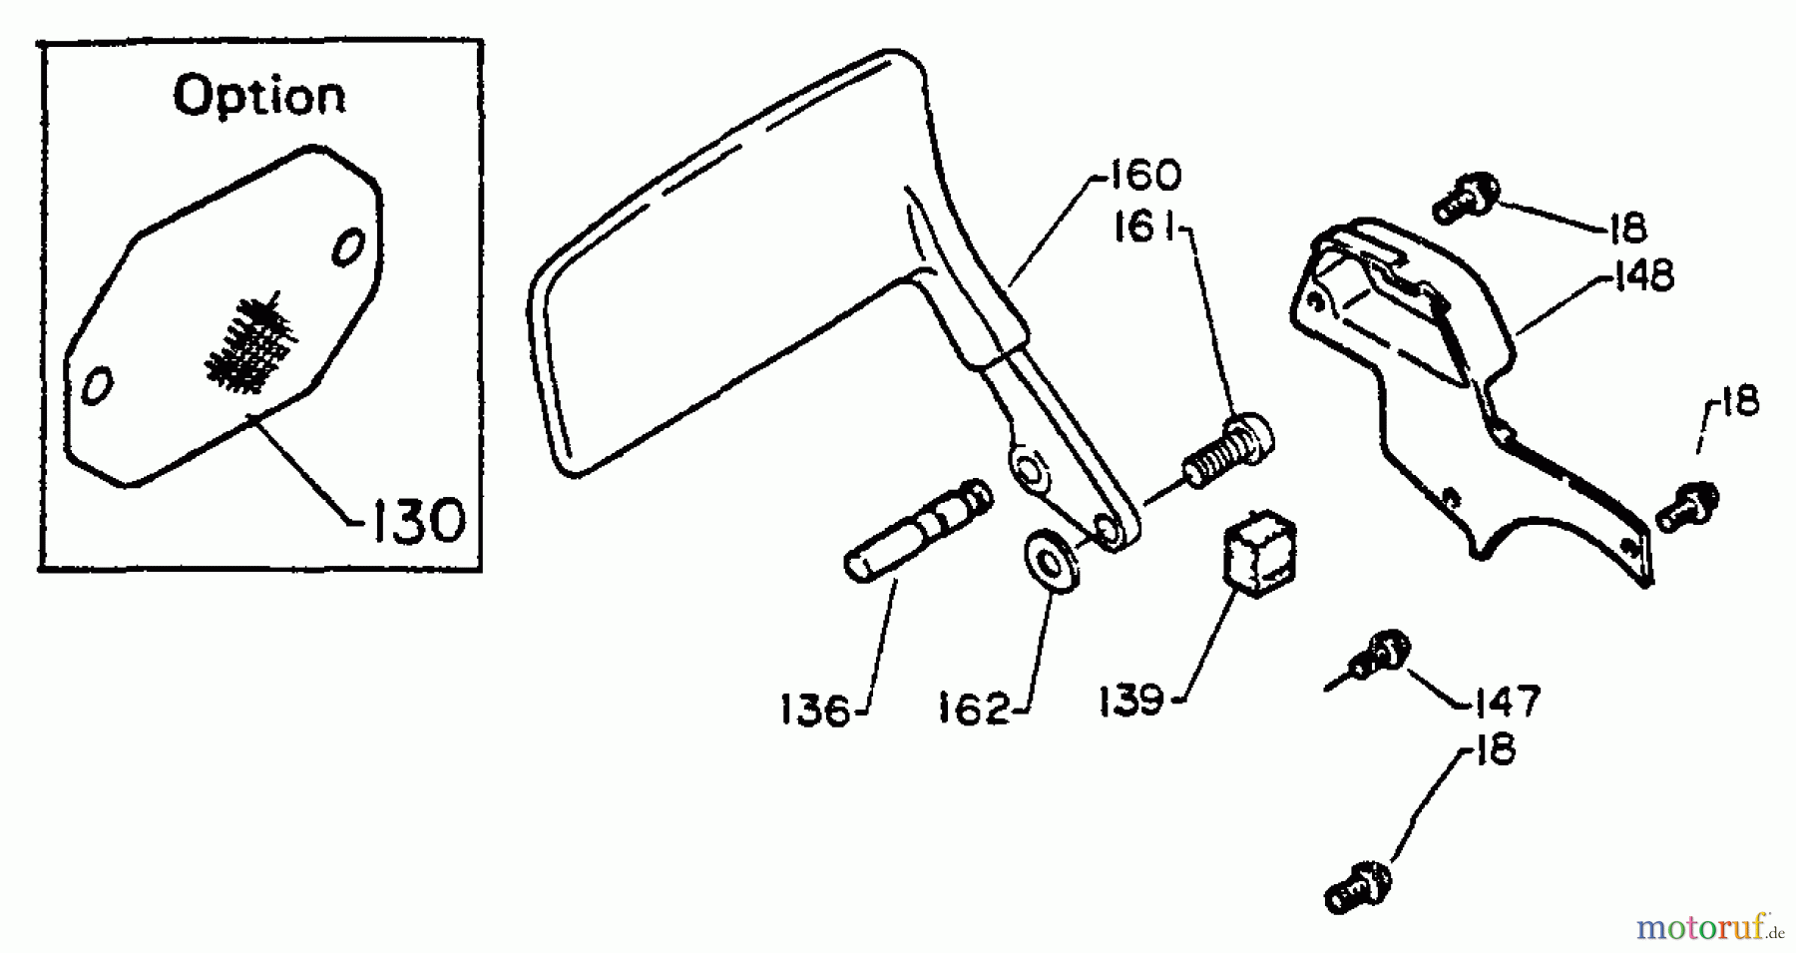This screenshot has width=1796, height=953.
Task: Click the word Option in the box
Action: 259,97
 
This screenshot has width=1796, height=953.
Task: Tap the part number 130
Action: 419,521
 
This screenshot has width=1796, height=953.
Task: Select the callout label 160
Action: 1140,177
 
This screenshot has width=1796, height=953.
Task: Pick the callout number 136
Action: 814,712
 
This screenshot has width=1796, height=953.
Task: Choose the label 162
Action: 973,710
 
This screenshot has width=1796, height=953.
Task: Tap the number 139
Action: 1131,700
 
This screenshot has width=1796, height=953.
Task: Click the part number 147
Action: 1506,701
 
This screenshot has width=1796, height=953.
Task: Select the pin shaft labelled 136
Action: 918,529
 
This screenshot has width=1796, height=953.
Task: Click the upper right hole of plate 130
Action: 347,245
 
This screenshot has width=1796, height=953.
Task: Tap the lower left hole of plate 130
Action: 97,384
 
